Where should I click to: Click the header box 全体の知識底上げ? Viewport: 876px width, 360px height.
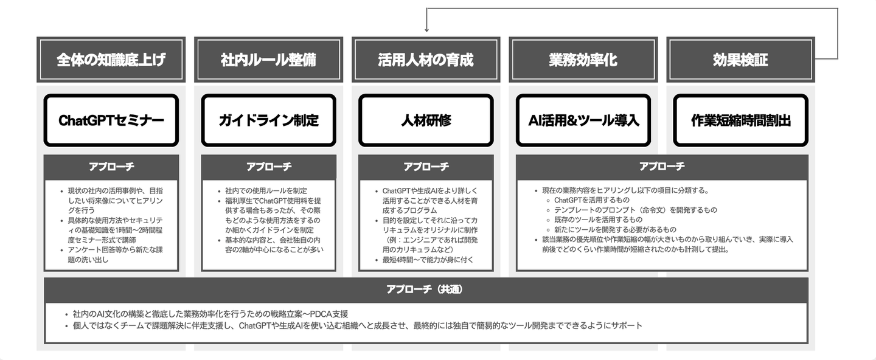click(x=111, y=60)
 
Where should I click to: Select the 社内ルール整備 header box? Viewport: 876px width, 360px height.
click(x=268, y=60)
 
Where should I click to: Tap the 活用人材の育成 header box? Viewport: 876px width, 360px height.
click(x=426, y=60)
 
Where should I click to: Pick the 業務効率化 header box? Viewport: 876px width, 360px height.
click(x=583, y=60)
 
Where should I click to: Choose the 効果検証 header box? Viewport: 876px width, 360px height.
click(x=741, y=60)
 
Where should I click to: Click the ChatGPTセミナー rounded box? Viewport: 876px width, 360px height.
click(x=111, y=120)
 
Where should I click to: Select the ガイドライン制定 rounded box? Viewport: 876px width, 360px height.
click(x=268, y=120)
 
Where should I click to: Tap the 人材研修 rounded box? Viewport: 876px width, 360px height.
click(x=426, y=120)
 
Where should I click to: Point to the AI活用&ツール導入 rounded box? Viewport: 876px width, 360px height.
click(x=583, y=120)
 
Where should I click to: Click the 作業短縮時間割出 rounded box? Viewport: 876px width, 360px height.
click(x=741, y=120)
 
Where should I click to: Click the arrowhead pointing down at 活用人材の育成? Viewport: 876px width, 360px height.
click(x=426, y=30)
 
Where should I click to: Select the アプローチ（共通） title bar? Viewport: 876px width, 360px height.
click(x=426, y=289)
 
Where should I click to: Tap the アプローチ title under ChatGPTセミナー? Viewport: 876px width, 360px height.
click(x=111, y=167)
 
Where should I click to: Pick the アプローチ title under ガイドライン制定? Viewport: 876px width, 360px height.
click(x=268, y=167)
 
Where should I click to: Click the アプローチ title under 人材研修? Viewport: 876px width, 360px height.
click(x=426, y=167)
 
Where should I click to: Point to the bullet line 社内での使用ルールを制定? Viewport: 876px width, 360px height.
click(x=266, y=191)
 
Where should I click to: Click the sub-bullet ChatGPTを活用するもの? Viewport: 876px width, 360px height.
click(x=592, y=200)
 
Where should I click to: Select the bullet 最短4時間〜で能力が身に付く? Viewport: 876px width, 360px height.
click(x=428, y=260)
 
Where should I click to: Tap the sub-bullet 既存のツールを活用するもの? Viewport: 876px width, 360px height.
click(x=598, y=220)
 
